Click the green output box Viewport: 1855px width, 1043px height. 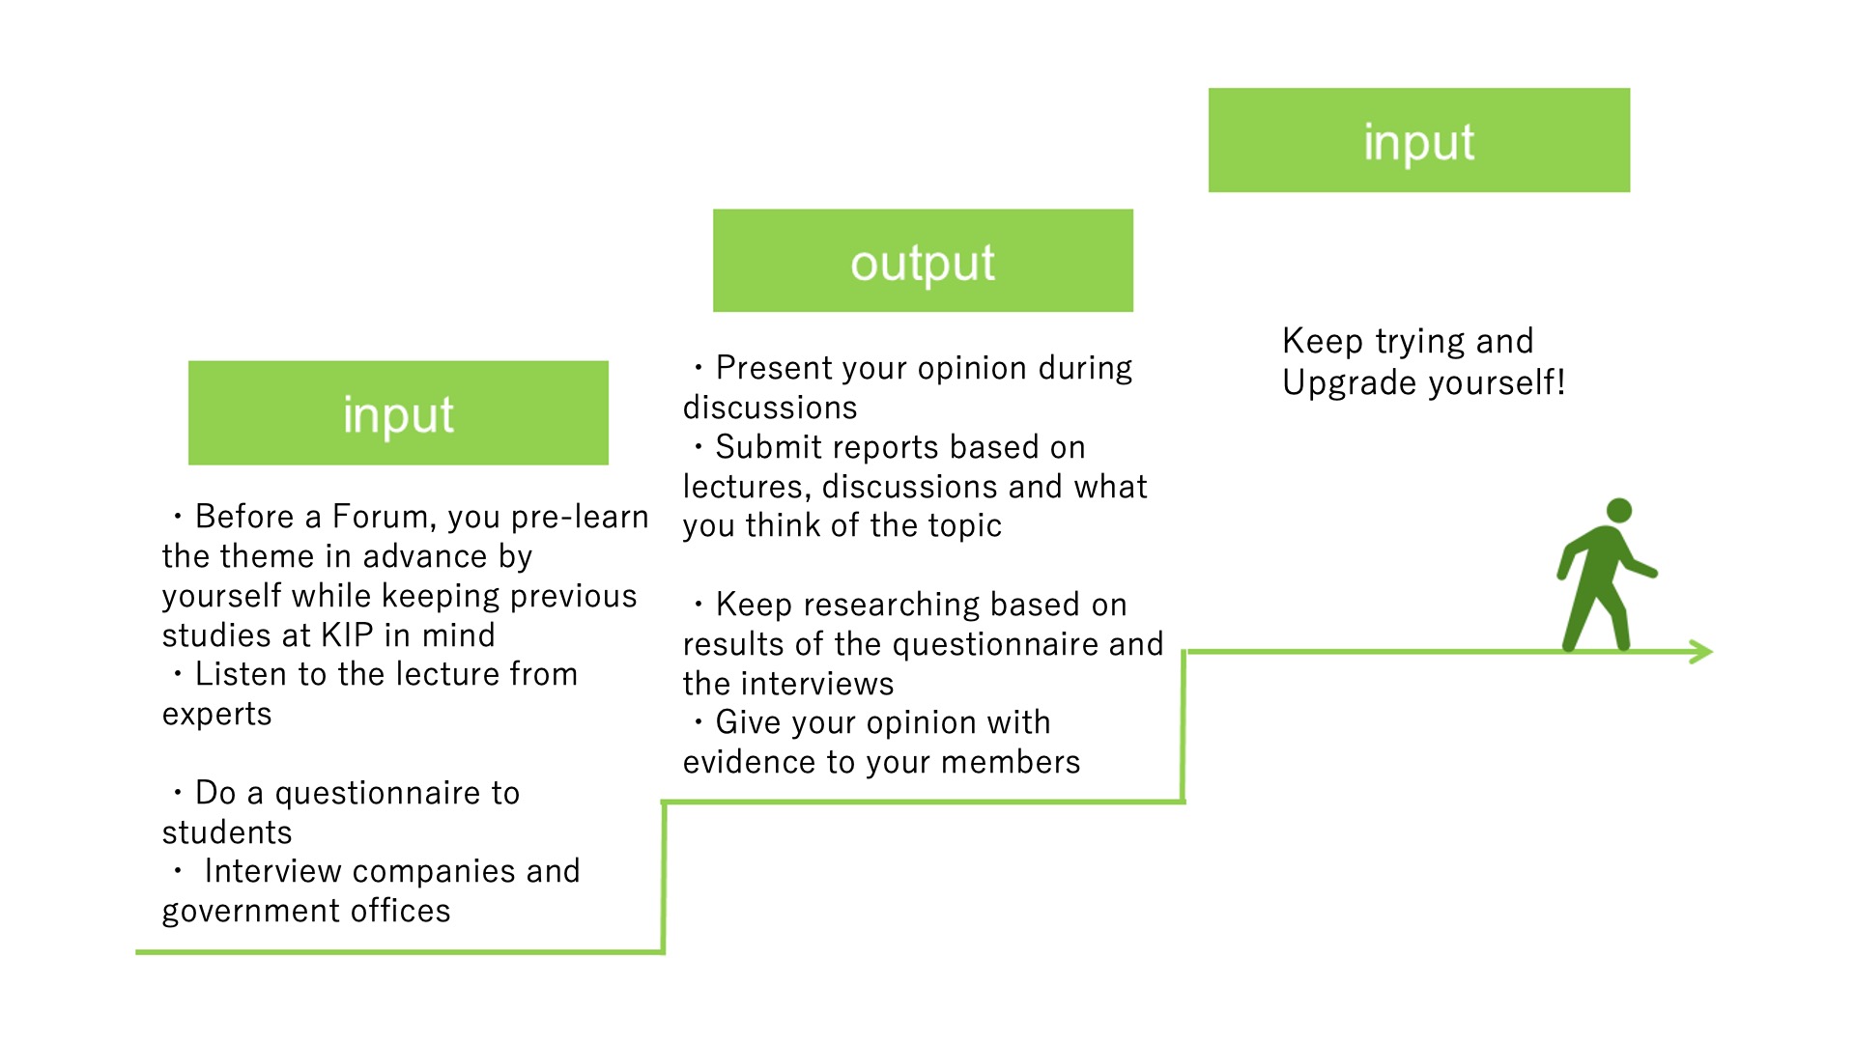pos(923,261)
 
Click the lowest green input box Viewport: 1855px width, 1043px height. pos(398,413)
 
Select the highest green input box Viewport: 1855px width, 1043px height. pos(1419,140)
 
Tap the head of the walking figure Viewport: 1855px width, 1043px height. pos(1619,511)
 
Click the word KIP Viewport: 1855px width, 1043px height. pos(347,635)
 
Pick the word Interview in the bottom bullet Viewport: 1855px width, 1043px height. pos(274,871)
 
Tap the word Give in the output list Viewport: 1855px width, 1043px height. pos(750,722)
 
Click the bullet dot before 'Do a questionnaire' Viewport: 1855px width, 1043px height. pos(178,793)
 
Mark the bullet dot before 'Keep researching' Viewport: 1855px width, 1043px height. pos(699,605)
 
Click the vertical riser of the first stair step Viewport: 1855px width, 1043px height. pos(664,877)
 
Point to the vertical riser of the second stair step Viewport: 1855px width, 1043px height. pos(1184,726)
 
